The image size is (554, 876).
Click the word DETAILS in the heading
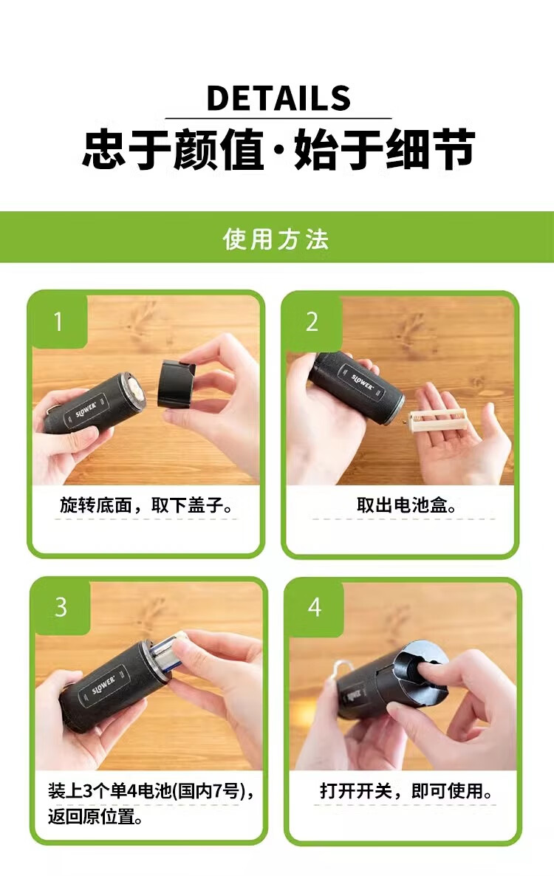pyautogui.click(x=278, y=98)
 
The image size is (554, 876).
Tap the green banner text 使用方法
pyautogui.click(x=276, y=239)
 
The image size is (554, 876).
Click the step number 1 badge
pyautogui.click(x=58, y=321)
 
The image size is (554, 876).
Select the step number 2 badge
pyautogui.click(x=312, y=322)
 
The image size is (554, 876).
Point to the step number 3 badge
pyautogui.click(x=61, y=607)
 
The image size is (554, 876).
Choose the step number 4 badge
pyautogui.click(x=315, y=607)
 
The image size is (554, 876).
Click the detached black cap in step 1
pyautogui.click(x=178, y=384)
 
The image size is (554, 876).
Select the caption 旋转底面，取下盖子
pyautogui.click(x=146, y=505)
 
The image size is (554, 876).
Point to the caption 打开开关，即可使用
pyautogui.click(x=406, y=790)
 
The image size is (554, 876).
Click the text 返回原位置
pyautogui.click(x=95, y=816)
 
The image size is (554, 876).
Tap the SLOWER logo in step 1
pyautogui.click(x=86, y=410)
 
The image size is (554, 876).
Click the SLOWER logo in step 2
pyautogui.click(x=363, y=382)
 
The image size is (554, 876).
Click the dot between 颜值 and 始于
pyautogui.click(x=278, y=150)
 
